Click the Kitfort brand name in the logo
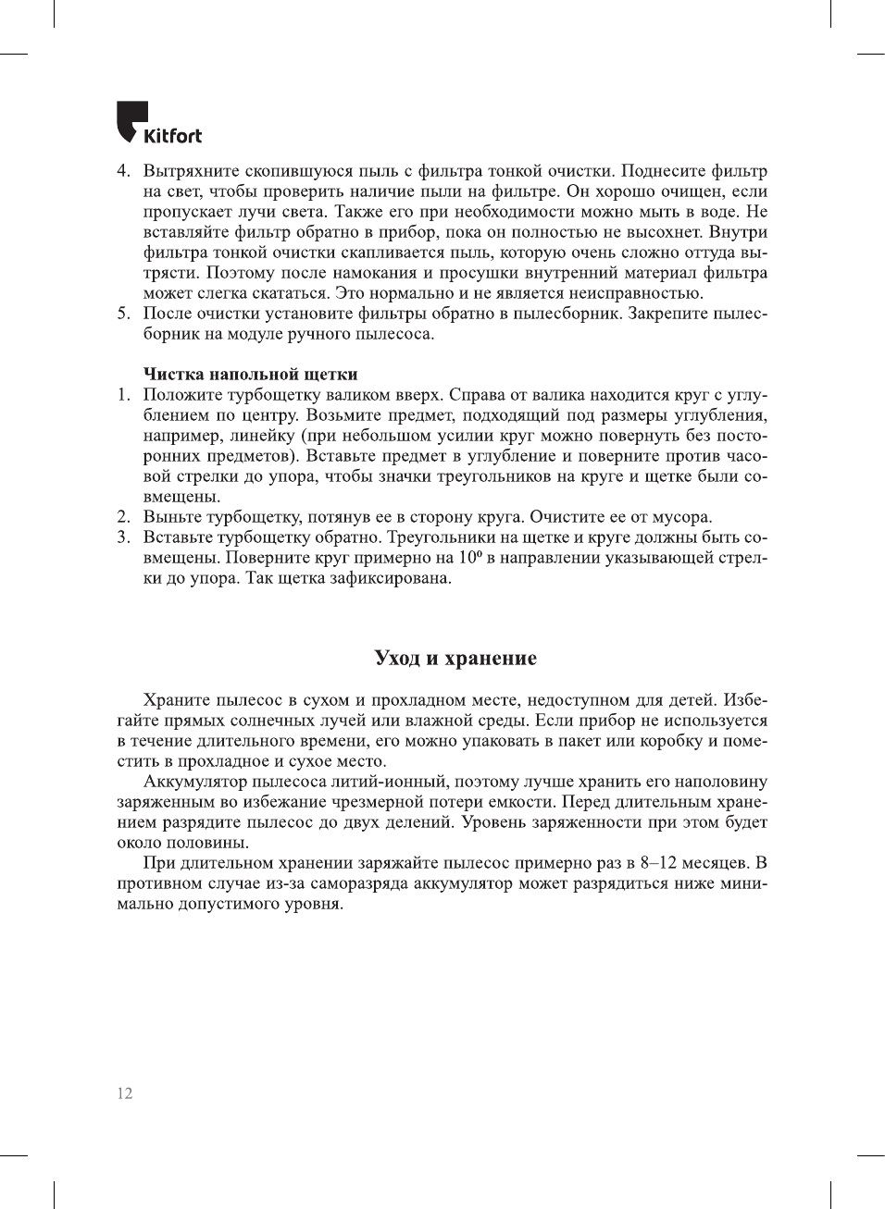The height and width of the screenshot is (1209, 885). (x=172, y=136)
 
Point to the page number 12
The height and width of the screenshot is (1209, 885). (x=125, y=1093)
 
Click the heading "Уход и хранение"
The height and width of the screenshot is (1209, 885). (x=455, y=659)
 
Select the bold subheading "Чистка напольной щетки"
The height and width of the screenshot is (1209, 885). (x=250, y=375)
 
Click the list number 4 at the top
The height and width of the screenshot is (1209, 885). (x=123, y=171)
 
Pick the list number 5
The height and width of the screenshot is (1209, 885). (x=123, y=314)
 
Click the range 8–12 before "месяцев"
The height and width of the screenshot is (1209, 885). (x=658, y=863)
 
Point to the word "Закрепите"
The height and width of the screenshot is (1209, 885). (x=668, y=314)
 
